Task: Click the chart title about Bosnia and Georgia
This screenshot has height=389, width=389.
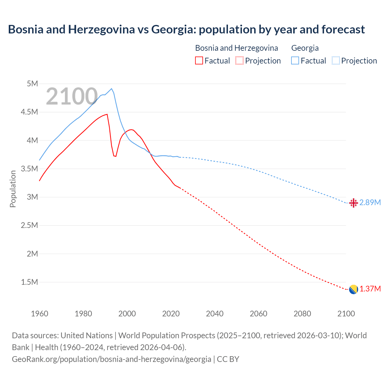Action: [x=186, y=29]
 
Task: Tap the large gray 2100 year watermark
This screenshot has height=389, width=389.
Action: [x=72, y=96]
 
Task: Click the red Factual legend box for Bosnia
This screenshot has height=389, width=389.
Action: [x=199, y=61]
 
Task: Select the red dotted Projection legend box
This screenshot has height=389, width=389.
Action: [x=239, y=61]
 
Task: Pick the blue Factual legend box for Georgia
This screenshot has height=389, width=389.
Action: [x=295, y=61]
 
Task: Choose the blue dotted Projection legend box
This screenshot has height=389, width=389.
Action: [x=336, y=61]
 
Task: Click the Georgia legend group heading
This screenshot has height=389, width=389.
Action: [x=305, y=48]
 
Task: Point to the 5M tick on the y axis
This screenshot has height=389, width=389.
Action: [x=32, y=84]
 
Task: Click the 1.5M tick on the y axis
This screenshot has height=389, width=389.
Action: [x=29, y=282]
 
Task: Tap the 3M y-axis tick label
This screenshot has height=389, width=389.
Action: [x=32, y=197]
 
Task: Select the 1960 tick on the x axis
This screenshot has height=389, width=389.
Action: [x=40, y=314]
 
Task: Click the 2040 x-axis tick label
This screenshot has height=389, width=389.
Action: [x=215, y=314]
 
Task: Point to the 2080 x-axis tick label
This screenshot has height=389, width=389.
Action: [x=302, y=314]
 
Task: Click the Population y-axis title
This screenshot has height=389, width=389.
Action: [x=13, y=189]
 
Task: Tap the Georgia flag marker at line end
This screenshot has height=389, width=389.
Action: [x=353, y=203]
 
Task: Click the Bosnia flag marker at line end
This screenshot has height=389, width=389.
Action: [x=353, y=289]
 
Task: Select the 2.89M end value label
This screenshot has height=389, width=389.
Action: [x=370, y=203]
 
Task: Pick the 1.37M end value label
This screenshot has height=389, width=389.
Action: [x=370, y=289]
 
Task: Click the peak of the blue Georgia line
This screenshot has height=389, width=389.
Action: [x=112, y=89]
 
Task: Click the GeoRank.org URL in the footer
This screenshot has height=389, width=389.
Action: [x=111, y=359]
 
